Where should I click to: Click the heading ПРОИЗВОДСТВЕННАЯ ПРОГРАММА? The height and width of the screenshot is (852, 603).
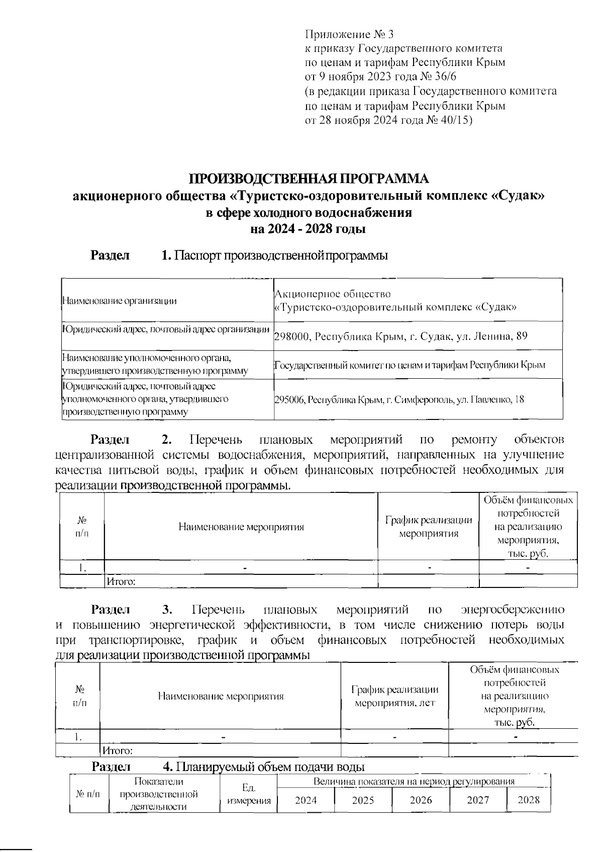pos(309,179)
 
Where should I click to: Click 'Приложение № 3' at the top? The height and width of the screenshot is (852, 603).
pos(350,35)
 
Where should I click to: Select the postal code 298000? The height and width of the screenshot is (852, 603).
pos(291,336)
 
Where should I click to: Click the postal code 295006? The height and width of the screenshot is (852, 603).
pos(289,400)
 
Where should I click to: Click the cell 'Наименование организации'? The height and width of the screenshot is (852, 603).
pos(119,301)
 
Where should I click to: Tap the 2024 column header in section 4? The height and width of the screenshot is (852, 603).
pos(306,800)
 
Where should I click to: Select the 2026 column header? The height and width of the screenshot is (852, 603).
pos(421,800)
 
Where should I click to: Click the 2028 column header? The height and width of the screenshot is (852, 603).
pos(528,800)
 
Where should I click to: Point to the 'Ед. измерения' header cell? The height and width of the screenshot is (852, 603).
pos(249,794)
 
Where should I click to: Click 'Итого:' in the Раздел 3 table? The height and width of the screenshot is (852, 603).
pos(117,751)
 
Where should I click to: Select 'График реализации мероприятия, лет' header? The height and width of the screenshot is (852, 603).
pos(394,696)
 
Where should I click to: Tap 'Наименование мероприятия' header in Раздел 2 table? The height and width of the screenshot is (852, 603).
pos(241,527)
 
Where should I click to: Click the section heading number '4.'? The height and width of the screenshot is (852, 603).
pos(168,767)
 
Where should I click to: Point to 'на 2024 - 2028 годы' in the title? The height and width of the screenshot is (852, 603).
pos(308,229)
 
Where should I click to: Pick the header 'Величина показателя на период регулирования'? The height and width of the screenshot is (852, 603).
pos(414,782)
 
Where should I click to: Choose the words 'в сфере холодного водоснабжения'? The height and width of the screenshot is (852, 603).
pos(309,212)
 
